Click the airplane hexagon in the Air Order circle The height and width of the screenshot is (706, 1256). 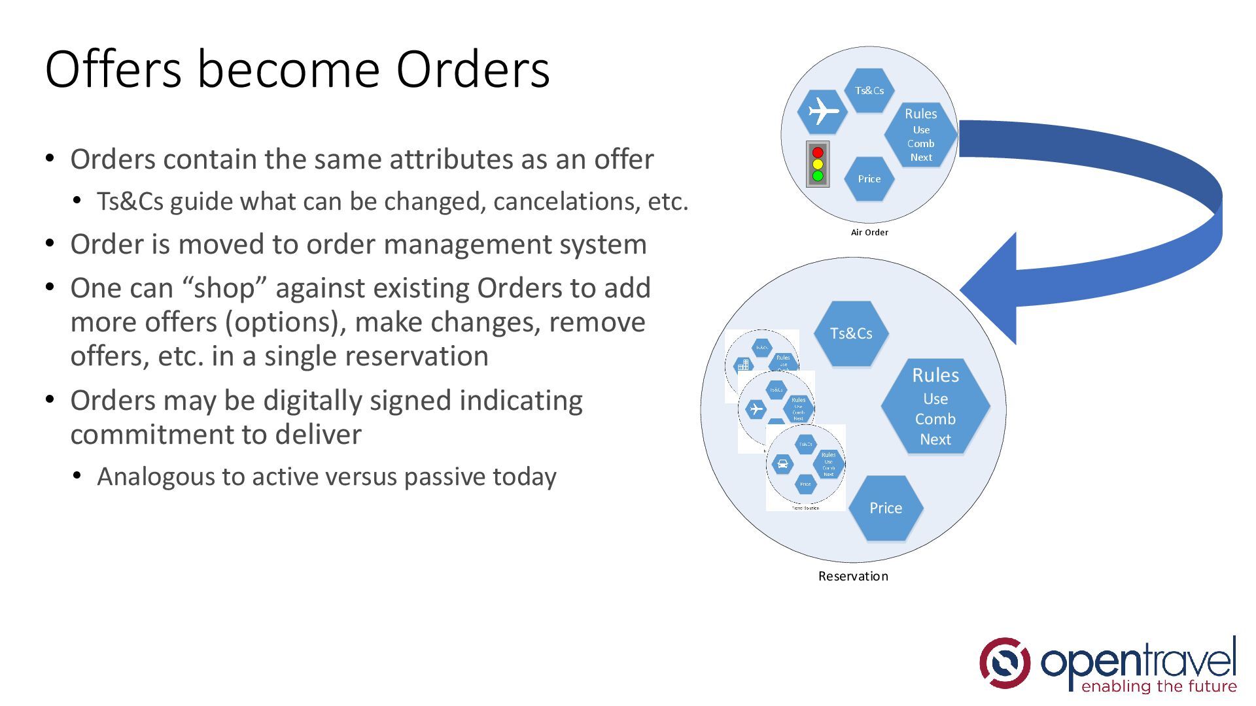point(822,111)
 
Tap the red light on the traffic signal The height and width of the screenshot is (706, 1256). point(818,152)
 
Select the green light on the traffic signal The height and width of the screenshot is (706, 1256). point(818,176)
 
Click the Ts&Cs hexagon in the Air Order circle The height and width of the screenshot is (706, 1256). point(869,91)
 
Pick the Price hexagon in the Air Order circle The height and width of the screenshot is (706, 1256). point(869,178)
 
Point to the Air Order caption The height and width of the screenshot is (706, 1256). point(869,232)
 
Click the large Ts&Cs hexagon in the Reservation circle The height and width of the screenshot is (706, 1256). point(851,333)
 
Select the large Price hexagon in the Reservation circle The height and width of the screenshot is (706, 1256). point(886,508)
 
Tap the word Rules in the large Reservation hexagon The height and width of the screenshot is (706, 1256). point(935,375)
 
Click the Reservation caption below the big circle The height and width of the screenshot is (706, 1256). point(853,576)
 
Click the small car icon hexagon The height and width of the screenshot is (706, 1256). point(782,464)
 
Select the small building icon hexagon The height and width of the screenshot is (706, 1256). point(743,365)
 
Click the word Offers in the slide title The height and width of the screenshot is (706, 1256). point(113,69)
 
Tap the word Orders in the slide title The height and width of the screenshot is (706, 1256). point(472,69)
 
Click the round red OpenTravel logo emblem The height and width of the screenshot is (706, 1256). point(1004,663)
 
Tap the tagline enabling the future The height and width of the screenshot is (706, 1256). point(1159,686)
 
